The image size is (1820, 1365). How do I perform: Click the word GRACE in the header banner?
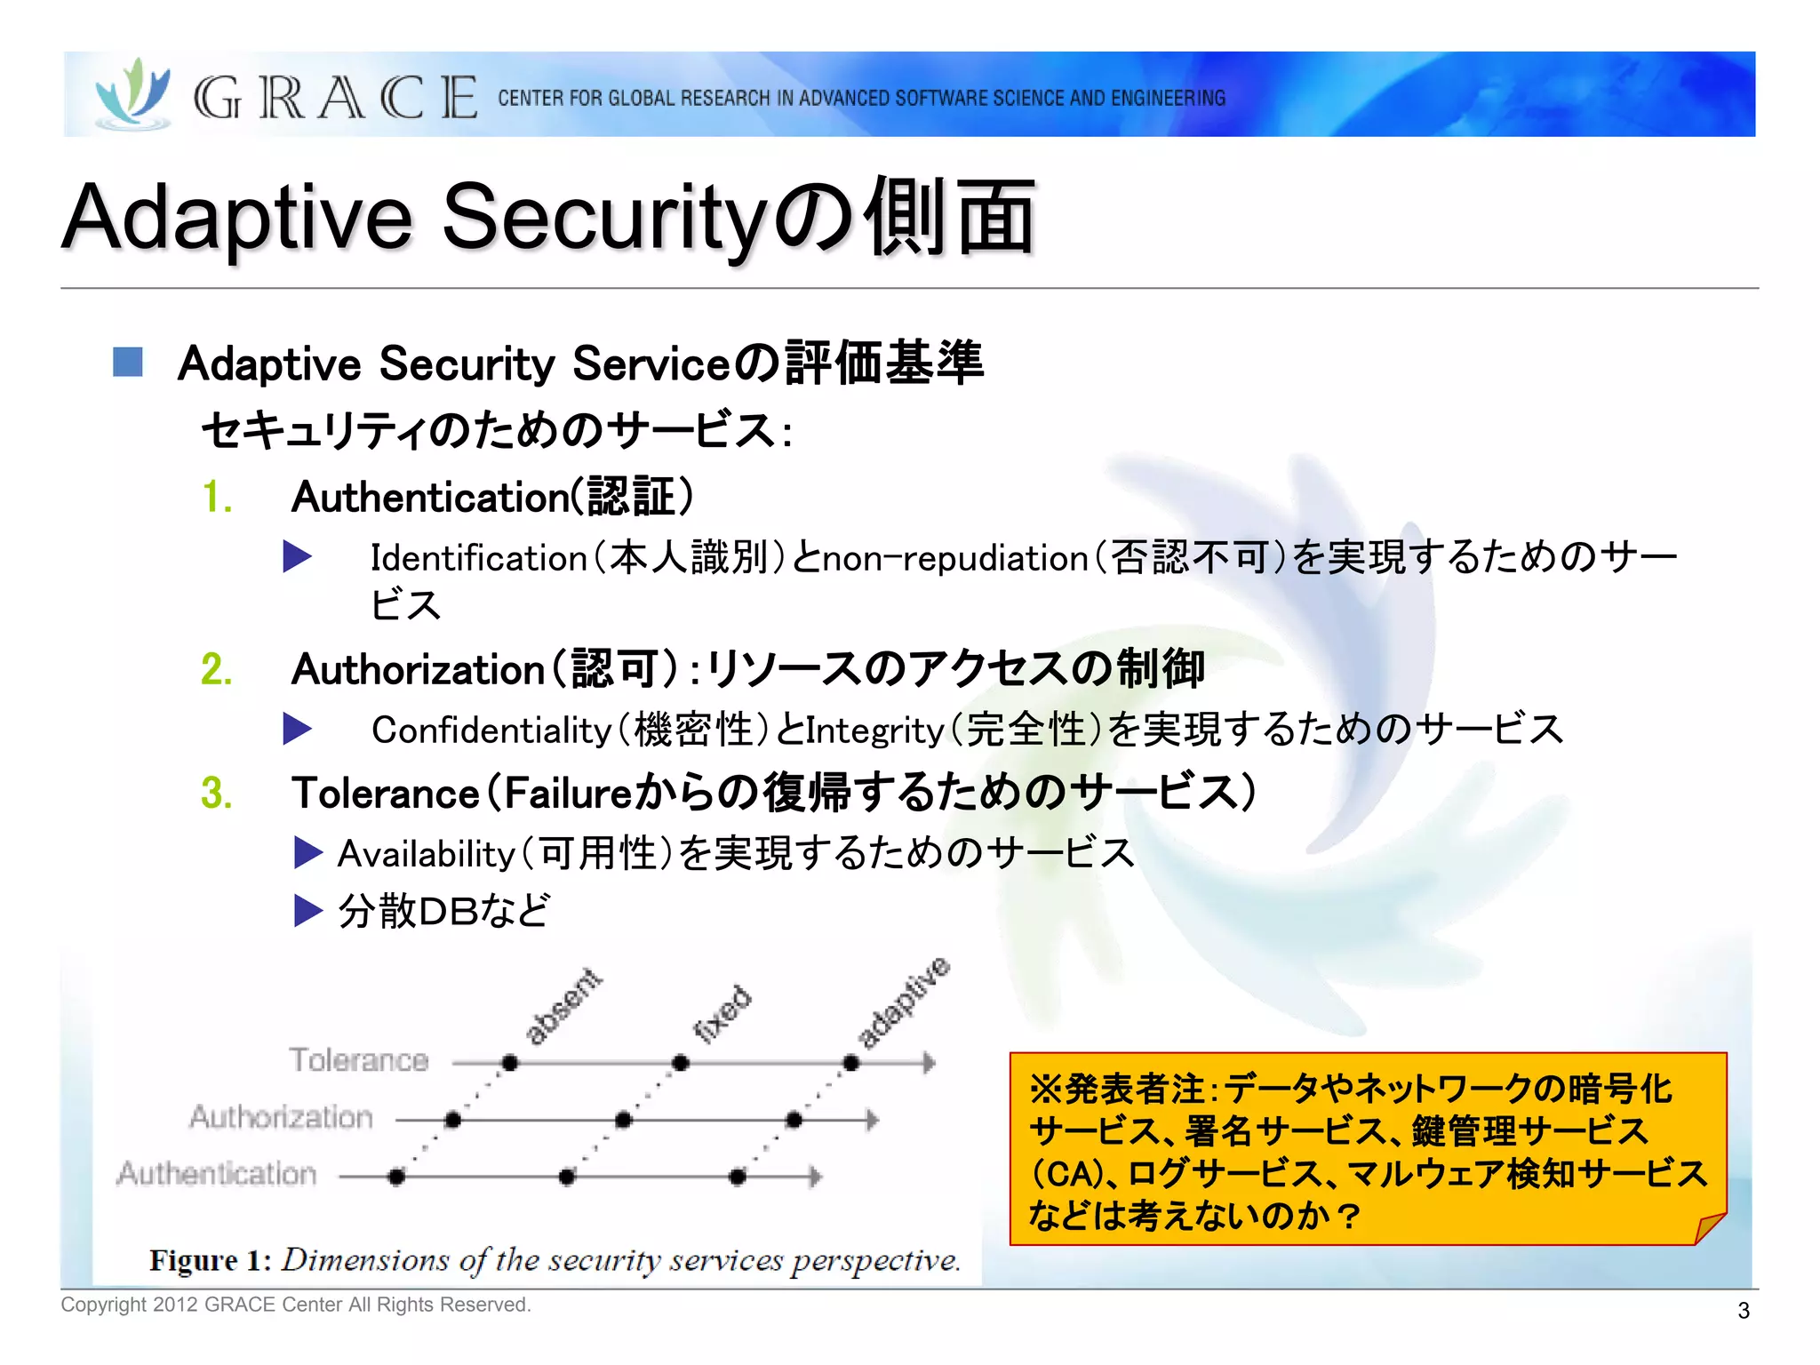pyautogui.click(x=335, y=97)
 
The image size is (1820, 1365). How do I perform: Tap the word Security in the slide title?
pyautogui.click(x=604, y=218)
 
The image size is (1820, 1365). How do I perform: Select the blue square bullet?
pyautogui.click(x=128, y=362)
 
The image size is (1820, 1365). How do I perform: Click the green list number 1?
pyautogui.click(x=216, y=497)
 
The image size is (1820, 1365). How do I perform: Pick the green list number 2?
pyautogui.click(x=217, y=669)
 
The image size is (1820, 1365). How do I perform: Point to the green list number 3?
pyautogui.click(x=217, y=793)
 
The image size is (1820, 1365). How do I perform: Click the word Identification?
pyautogui.click(x=478, y=558)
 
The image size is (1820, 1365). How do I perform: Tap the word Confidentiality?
pyautogui.click(x=491, y=730)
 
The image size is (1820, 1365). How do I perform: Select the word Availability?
pyautogui.click(x=426, y=854)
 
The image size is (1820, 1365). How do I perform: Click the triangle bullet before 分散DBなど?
pyautogui.click(x=307, y=911)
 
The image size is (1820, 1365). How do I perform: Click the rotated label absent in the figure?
pyautogui.click(x=563, y=1005)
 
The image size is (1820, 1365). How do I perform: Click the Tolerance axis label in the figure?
pyautogui.click(x=358, y=1060)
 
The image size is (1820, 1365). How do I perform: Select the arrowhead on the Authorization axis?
pyautogui.click(x=873, y=1120)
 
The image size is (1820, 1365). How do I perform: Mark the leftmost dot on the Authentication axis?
pyautogui.click(x=396, y=1177)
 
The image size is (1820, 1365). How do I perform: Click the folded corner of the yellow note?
pyautogui.click(x=1708, y=1229)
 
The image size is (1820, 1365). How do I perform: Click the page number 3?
pyautogui.click(x=1744, y=1310)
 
